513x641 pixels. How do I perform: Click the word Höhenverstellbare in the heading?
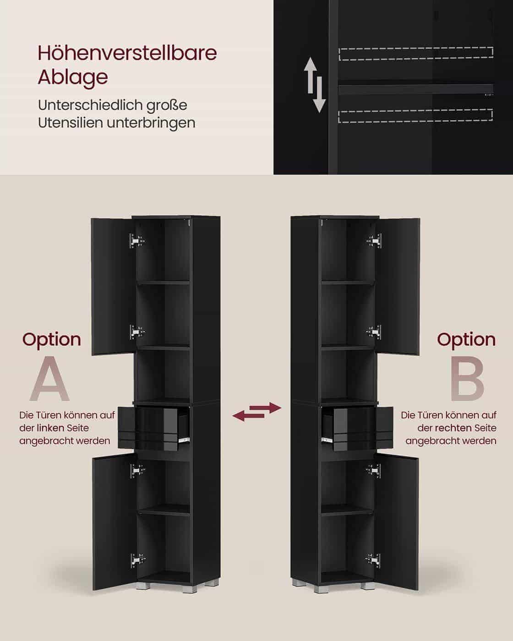[127, 53]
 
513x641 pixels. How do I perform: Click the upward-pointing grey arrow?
[310, 72]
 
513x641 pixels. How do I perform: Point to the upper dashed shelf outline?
[416, 54]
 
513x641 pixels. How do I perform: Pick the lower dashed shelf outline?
[415, 116]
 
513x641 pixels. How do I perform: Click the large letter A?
[49, 379]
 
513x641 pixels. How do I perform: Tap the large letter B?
[467, 379]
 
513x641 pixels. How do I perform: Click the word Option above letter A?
[52, 340]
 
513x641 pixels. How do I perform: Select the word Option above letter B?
[466, 340]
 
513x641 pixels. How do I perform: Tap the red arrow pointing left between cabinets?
[248, 416]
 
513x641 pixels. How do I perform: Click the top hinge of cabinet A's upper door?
[137, 240]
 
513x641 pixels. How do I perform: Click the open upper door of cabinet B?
[398, 287]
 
